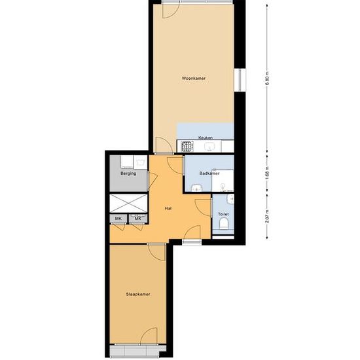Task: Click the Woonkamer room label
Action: (x=194, y=79)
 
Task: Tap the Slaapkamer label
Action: (x=138, y=294)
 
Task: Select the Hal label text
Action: (x=168, y=208)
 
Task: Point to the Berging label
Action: (x=128, y=173)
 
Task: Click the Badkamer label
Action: (x=209, y=173)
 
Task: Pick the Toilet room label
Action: (x=223, y=214)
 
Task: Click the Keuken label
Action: (x=206, y=137)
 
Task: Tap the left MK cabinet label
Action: (x=118, y=219)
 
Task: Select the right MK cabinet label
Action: (x=138, y=219)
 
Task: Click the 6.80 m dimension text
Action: (x=267, y=79)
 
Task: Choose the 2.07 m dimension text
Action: (x=267, y=216)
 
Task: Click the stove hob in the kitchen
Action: (x=187, y=146)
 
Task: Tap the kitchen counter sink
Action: (x=209, y=146)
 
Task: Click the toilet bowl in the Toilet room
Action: (x=224, y=224)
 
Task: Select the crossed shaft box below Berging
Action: (x=128, y=203)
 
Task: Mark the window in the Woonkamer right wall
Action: (x=240, y=80)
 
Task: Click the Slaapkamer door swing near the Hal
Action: (x=157, y=252)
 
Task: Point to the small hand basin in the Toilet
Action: (x=230, y=199)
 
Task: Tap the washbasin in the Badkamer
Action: (x=197, y=188)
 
